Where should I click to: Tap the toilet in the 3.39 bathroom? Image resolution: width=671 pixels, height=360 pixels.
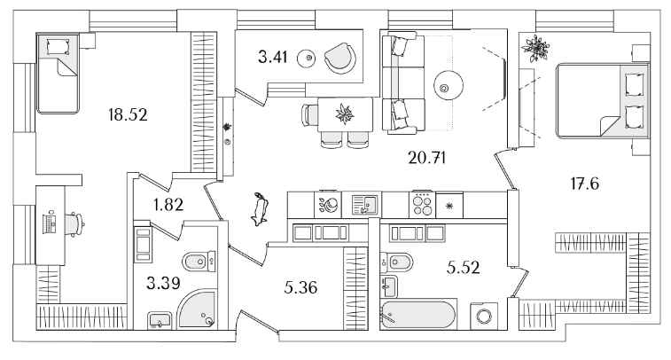point(194,261)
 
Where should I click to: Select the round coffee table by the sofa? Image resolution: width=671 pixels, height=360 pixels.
point(447,86)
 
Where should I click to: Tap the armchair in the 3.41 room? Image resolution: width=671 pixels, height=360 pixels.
point(339,58)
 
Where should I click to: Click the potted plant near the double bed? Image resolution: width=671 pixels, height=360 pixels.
point(537,47)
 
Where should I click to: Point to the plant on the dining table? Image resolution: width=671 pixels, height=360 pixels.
point(343,113)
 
